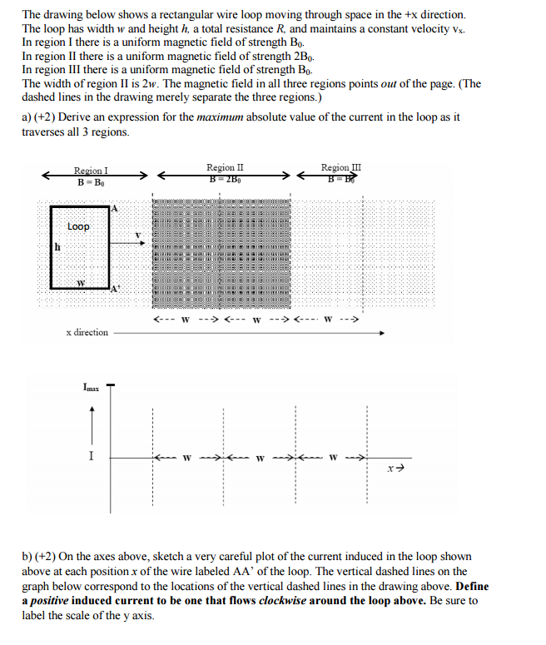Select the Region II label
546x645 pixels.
225,167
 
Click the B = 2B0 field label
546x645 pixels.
225,178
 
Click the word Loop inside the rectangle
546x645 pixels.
79,226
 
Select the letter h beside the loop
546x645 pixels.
57,246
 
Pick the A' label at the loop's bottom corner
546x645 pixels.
116,289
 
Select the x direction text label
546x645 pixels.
87,332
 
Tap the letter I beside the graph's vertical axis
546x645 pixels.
92,456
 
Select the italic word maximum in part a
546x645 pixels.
221,117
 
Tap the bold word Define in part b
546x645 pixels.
471,586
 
